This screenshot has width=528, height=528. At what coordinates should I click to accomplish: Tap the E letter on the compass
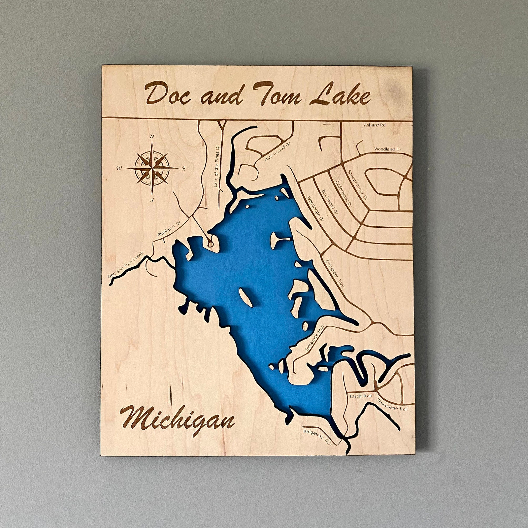(184, 169)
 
